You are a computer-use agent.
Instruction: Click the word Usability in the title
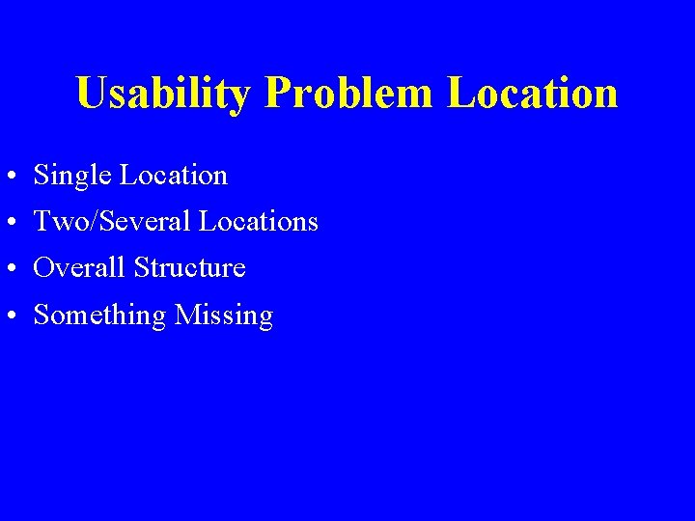coord(163,94)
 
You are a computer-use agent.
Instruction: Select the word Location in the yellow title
coord(533,94)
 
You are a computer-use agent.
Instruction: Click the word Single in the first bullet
coord(71,176)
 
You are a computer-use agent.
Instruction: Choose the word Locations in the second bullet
coord(259,222)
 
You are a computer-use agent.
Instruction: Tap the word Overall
coord(81,268)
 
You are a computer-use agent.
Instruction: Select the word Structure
coord(190,268)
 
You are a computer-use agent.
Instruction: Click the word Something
coord(100,315)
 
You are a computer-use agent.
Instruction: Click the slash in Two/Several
coord(95,222)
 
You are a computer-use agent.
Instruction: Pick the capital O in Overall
coord(43,268)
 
